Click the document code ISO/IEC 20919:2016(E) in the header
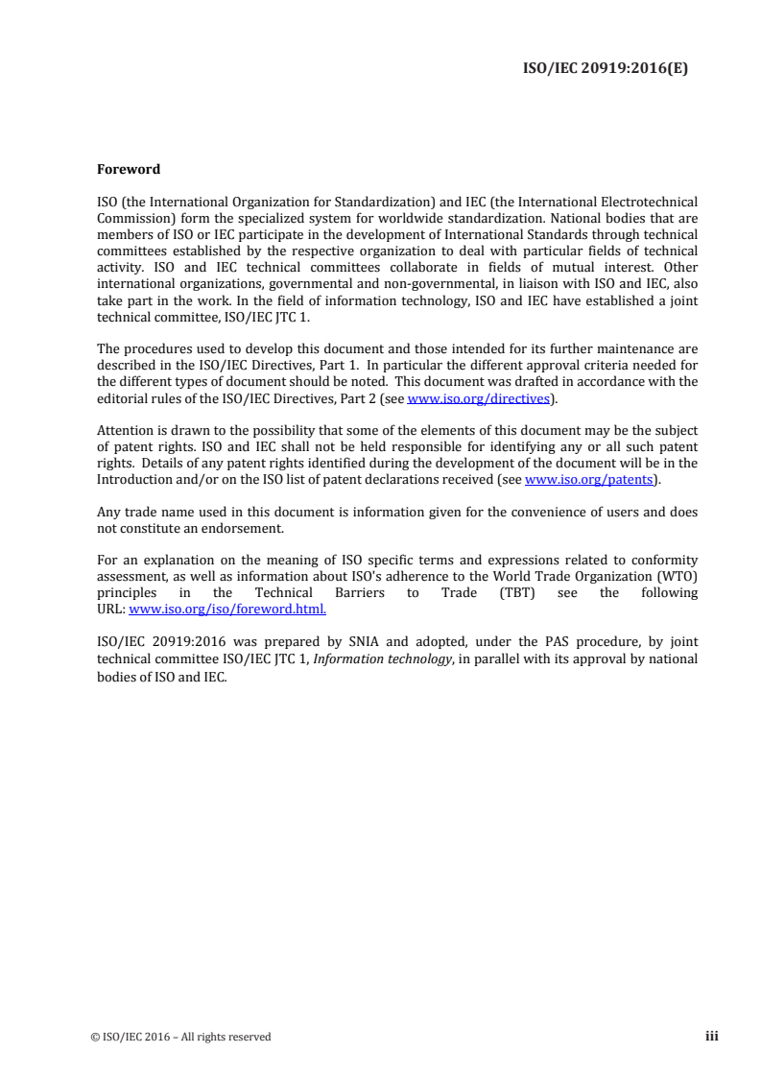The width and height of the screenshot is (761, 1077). [605, 68]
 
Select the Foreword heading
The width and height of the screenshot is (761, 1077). [129, 170]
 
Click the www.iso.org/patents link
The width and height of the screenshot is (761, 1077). [588, 479]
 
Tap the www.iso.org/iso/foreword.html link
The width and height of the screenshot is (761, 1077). [227, 609]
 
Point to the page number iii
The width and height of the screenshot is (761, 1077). [711, 1036]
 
